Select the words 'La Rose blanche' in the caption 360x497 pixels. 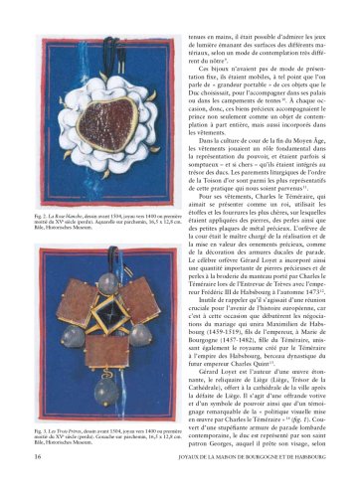pos(66,214)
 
